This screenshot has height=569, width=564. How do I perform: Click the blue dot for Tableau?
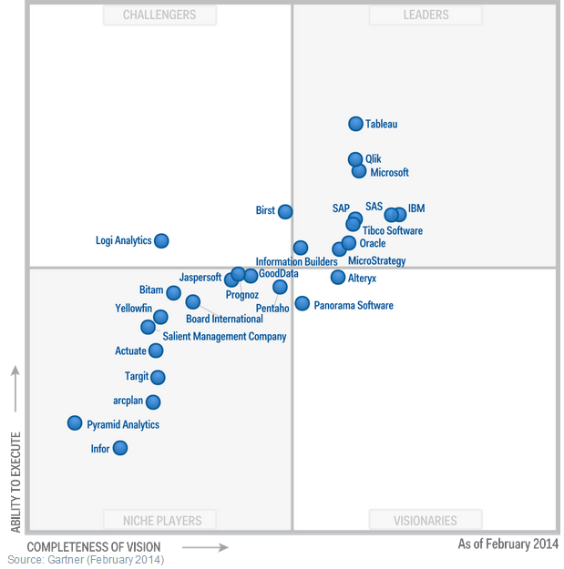click(355, 124)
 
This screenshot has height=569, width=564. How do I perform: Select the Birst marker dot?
click(285, 211)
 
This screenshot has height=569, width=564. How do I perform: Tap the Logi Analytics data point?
click(161, 240)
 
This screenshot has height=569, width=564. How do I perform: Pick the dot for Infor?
click(119, 448)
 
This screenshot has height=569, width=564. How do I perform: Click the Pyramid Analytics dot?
click(75, 422)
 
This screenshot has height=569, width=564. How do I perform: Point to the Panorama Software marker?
click(302, 303)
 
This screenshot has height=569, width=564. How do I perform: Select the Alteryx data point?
click(338, 277)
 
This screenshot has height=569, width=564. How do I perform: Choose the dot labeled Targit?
click(158, 377)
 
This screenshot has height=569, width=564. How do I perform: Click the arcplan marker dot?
click(153, 401)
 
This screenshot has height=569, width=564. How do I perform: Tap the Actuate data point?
click(156, 351)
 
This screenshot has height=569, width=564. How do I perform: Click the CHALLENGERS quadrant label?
click(159, 15)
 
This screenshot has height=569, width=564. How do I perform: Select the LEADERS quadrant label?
click(426, 15)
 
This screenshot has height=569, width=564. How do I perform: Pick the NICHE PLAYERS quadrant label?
click(163, 521)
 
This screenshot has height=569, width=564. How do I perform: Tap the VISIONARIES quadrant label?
click(426, 521)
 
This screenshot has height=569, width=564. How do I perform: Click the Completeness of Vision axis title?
click(94, 547)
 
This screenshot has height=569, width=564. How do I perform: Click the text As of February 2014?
click(508, 544)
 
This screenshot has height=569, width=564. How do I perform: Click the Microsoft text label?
click(389, 173)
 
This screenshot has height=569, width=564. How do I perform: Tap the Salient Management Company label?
click(224, 337)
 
